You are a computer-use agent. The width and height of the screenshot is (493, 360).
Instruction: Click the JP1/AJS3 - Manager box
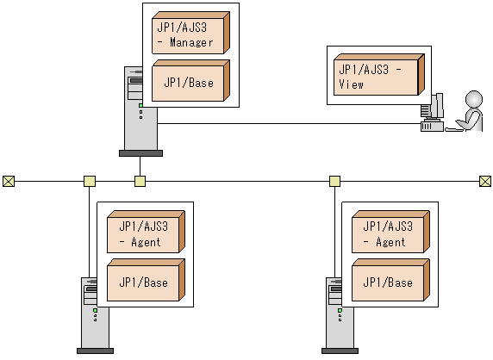point(188,34)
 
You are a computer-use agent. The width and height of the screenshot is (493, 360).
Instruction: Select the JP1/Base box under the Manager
point(188,82)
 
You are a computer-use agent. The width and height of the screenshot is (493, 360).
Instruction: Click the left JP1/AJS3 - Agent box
point(143,233)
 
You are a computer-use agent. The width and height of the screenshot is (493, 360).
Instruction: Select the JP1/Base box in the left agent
point(143,282)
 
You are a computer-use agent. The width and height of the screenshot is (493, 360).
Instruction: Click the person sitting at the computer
point(471,111)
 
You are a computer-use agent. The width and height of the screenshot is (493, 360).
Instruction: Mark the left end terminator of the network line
point(9,181)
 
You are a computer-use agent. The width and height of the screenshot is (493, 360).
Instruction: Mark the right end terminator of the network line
point(485,181)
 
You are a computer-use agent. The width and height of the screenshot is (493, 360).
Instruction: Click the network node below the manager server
point(140,181)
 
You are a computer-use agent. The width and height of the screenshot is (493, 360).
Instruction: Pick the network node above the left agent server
point(89,181)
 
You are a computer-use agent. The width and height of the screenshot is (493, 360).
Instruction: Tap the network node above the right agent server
point(334,181)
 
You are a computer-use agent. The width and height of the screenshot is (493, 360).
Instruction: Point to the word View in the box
point(352,84)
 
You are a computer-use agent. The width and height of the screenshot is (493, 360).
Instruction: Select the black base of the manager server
point(140,153)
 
